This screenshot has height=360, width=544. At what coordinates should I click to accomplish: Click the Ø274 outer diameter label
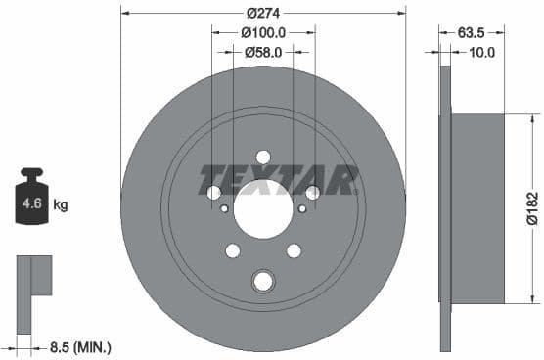click(x=263, y=13)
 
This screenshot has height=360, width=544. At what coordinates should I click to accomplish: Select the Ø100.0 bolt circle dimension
click(x=263, y=32)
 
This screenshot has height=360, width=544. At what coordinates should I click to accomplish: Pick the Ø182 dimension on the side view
click(x=530, y=208)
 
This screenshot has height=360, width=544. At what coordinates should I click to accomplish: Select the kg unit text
click(x=61, y=205)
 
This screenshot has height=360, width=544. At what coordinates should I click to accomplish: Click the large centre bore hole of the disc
click(x=263, y=208)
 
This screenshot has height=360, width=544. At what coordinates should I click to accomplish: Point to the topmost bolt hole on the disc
click(x=263, y=157)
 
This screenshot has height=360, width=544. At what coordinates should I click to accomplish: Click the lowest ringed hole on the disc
click(x=263, y=282)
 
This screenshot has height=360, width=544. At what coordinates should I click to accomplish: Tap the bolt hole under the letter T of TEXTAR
click(x=214, y=193)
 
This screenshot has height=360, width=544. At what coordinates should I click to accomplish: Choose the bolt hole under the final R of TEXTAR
click(x=312, y=193)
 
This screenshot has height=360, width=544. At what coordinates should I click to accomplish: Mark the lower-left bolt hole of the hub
click(x=233, y=250)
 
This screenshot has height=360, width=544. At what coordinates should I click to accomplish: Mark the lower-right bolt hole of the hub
click(x=294, y=250)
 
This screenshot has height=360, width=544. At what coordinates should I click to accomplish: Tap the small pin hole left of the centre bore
click(x=224, y=208)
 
